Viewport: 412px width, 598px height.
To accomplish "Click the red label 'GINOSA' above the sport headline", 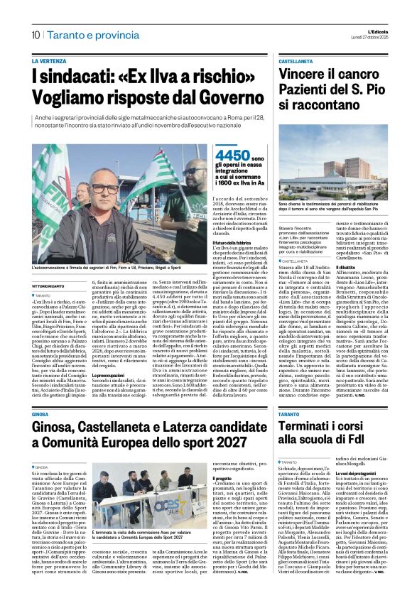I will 40,414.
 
